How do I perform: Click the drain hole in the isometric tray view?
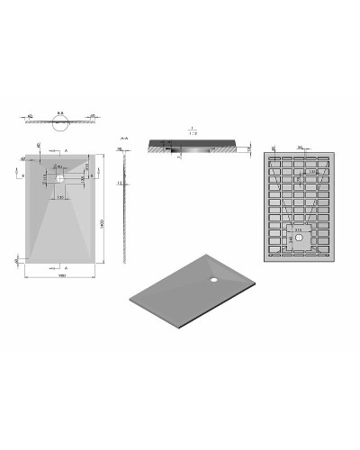[215, 277]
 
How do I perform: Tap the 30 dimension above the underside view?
[300, 145]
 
